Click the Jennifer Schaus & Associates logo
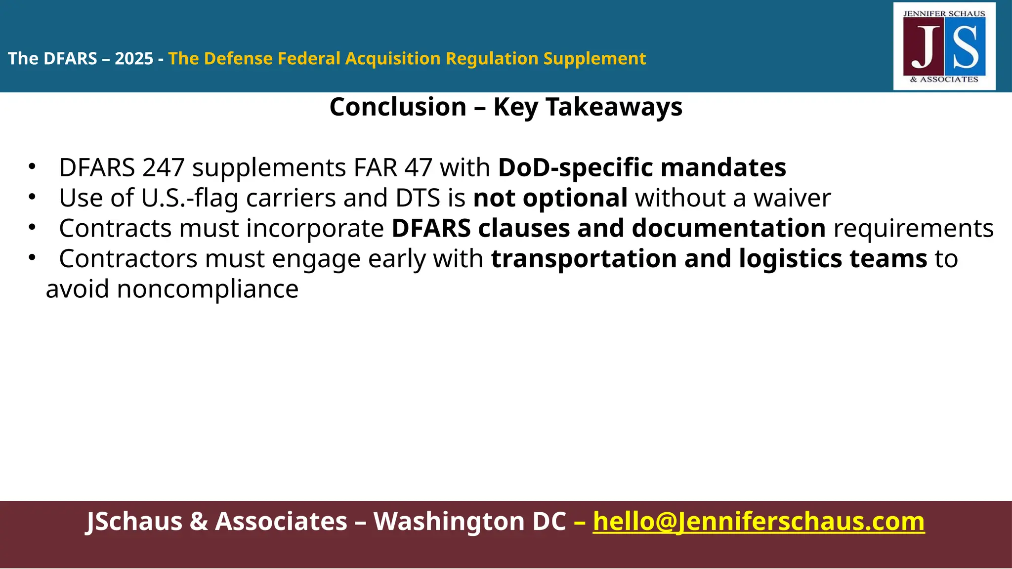944,46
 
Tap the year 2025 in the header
134,59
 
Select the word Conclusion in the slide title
398,107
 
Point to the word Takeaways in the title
614,107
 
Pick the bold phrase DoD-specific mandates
641,167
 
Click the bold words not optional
550,198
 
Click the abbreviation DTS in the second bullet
418,198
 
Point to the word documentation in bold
728,228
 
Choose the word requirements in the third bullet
913,228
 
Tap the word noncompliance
207,289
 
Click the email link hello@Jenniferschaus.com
759,521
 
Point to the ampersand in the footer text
199,521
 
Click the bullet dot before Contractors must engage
32,257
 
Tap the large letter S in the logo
965,48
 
